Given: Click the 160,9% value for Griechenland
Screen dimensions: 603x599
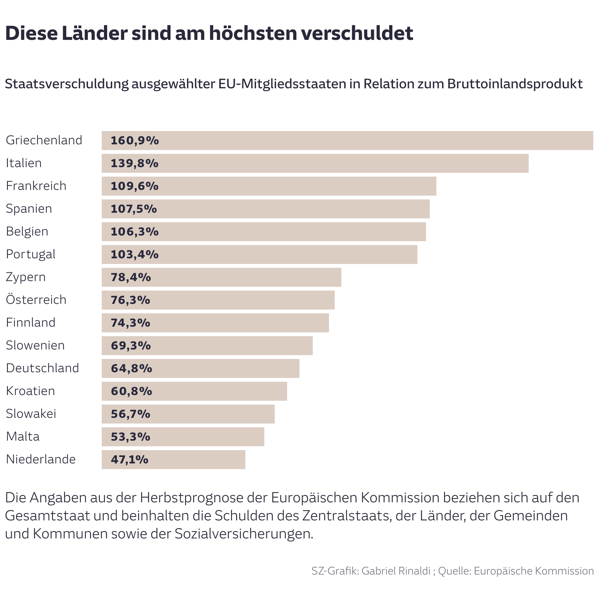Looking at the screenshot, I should [x=135, y=141].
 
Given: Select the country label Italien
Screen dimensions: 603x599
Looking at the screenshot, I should [x=24, y=163].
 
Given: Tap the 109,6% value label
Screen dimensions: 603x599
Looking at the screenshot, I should [x=134, y=186].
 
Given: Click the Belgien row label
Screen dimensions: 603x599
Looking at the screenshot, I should [x=27, y=231].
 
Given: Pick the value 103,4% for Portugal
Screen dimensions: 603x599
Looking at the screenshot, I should [x=134, y=254].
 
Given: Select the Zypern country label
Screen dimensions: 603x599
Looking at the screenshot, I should [x=26, y=277].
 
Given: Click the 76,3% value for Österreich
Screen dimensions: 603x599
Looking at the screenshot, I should [x=130, y=300].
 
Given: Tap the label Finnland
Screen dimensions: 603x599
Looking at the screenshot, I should [x=31, y=323].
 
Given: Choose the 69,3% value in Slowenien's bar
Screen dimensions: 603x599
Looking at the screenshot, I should [x=131, y=346].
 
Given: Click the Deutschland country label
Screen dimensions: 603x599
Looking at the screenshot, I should [x=42, y=368].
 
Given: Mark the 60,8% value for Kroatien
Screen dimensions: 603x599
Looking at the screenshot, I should [x=131, y=391].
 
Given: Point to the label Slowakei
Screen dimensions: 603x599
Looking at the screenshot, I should [x=31, y=414].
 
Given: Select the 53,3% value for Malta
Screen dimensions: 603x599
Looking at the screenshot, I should [x=130, y=437].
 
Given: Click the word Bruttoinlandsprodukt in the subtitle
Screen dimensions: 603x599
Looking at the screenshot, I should [x=515, y=84].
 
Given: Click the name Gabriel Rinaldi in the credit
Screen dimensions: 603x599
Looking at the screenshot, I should [x=396, y=571].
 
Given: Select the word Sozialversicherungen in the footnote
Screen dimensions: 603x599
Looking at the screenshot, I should [x=243, y=534].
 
